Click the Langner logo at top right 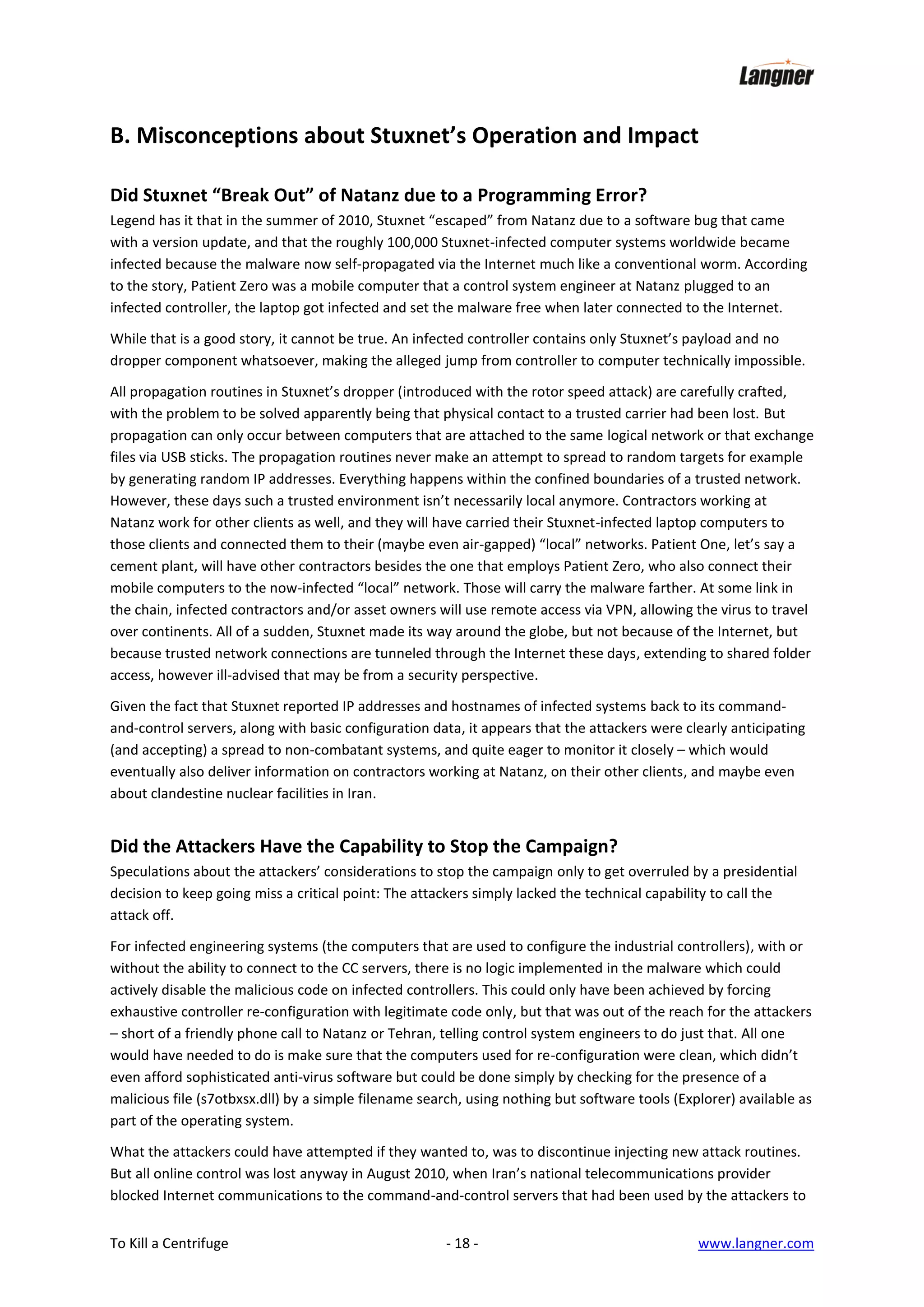pos(776,74)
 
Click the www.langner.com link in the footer pos(756,1243)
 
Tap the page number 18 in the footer pos(462,1243)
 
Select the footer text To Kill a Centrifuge pos(169,1243)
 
